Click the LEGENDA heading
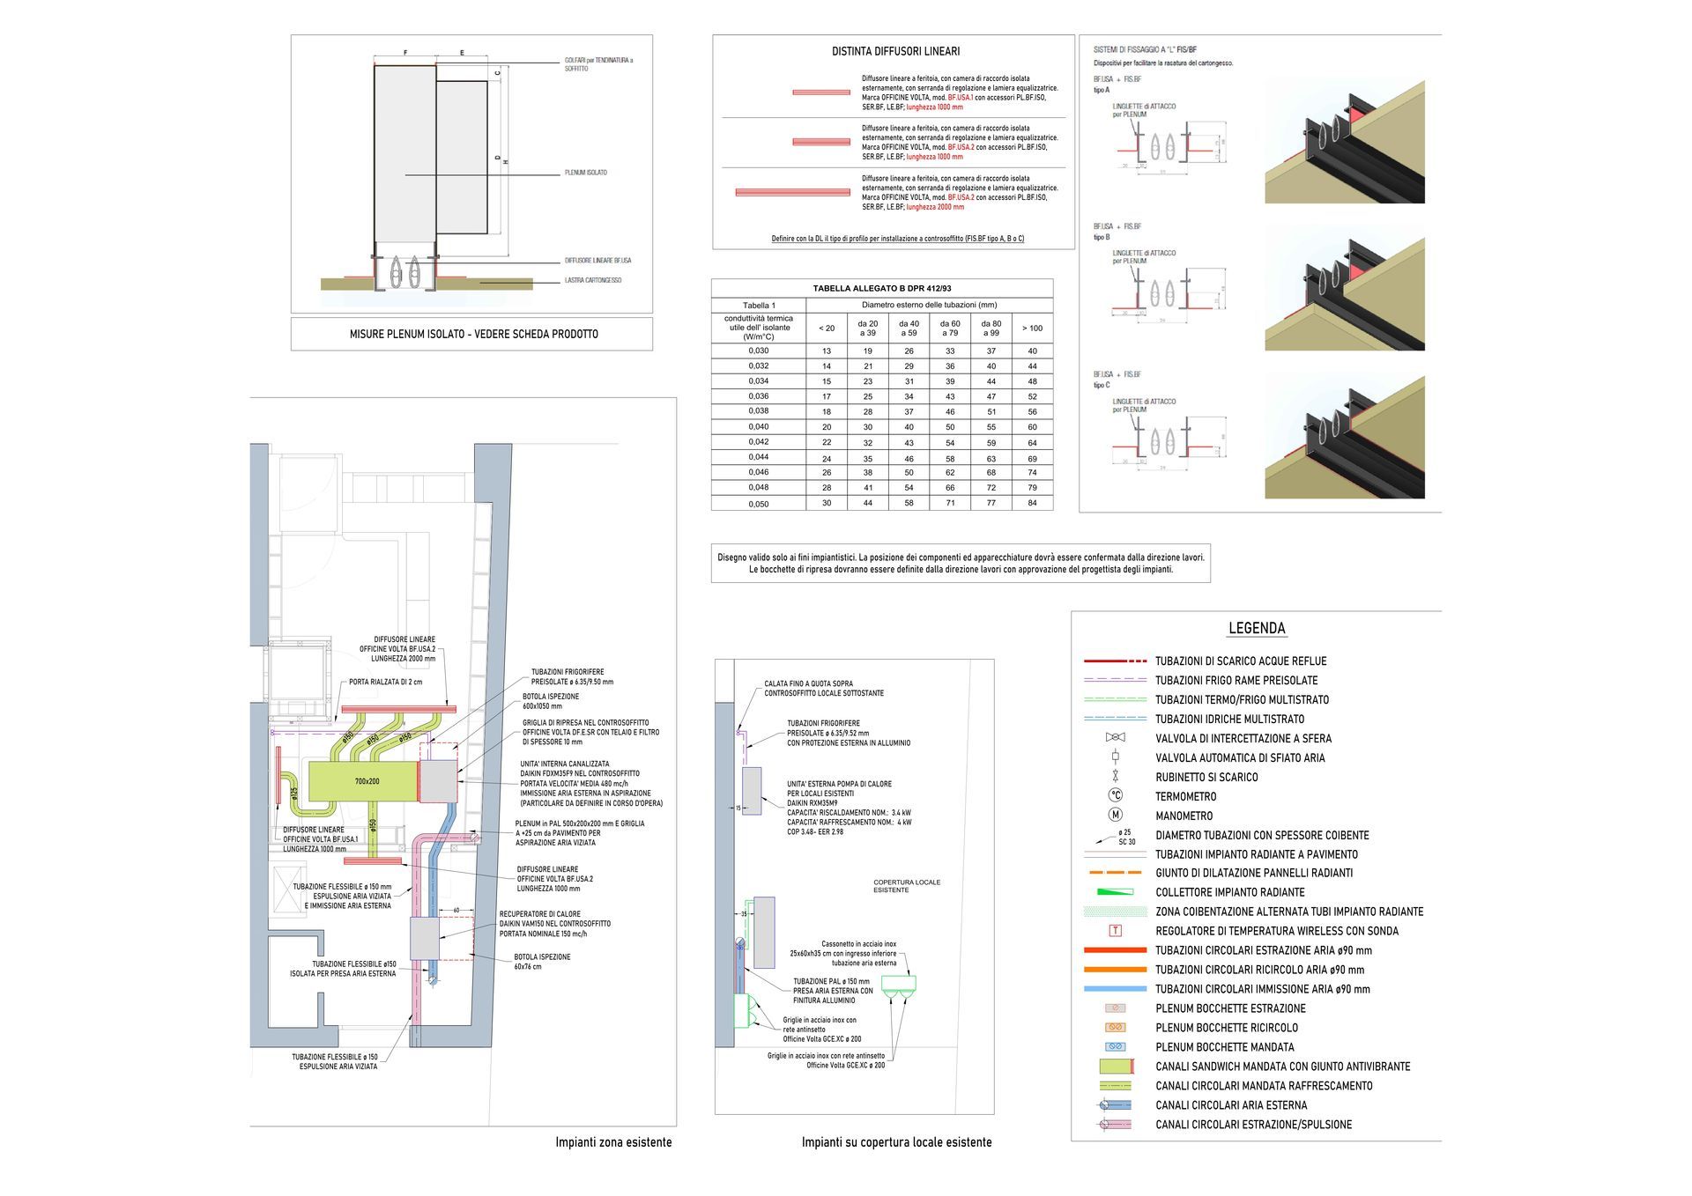pyautogui.click(x=1256, y=629)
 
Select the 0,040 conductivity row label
pyautogui.click(x=758, y=426)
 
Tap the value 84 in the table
pyautogui.click(x=1032, y=503)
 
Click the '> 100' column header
pyautogui.click(x=1032, y=329)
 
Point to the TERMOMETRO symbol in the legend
pyautogui.click(x=1115, y=796)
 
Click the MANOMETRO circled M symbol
pyautogui.click(x=1115, y=816)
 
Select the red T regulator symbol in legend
pyautogui.click(x=1115, y=931)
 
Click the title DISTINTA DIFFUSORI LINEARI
pyautogui.click(x=895, y=52)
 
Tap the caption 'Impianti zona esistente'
pyautogui.click(x=613, y=1142)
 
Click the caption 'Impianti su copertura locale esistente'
pyautogui.click(x=896, y=1142)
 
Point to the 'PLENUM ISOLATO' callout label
pyautogui.click(x=585, y=173)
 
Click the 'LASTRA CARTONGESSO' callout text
pyautogui.click(x=592, y=281)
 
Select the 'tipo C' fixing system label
pyautogui.click(x=1102, y=385)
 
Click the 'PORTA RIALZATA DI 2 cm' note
pyautogui.click(x=385, y=682)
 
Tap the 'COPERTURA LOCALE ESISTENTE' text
pyautogui.click(x=906, y=886)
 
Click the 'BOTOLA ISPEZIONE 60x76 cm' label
pyautogui.click(x=542, y=962)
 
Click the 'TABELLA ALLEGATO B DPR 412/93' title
pyautogui.click(x=881, y=289)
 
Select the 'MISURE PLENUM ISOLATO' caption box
pyautogui.click(x=473, y=335)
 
